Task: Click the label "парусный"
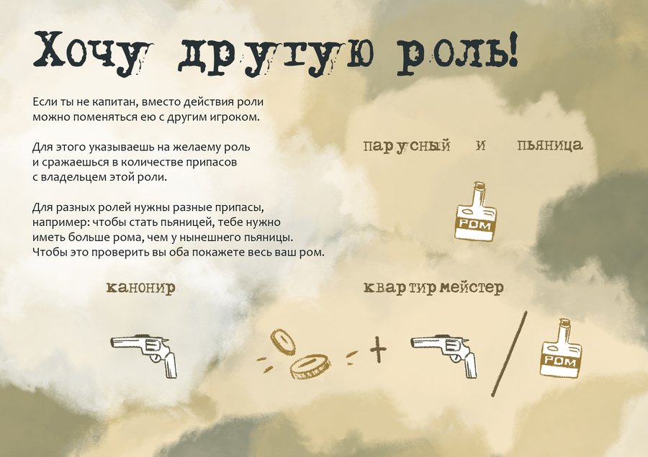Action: click(407, 146)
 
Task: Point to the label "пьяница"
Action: click(549, 145)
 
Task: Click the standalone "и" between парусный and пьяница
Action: click(480, 145)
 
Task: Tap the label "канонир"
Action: click(141, 287)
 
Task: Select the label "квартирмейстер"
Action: click(433, 287)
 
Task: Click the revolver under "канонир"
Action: click(145, 353)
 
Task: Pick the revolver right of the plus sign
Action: click(444, 355)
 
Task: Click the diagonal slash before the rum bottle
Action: click(509, 354)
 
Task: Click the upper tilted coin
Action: click(284, 342)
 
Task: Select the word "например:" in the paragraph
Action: click(60, 222)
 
